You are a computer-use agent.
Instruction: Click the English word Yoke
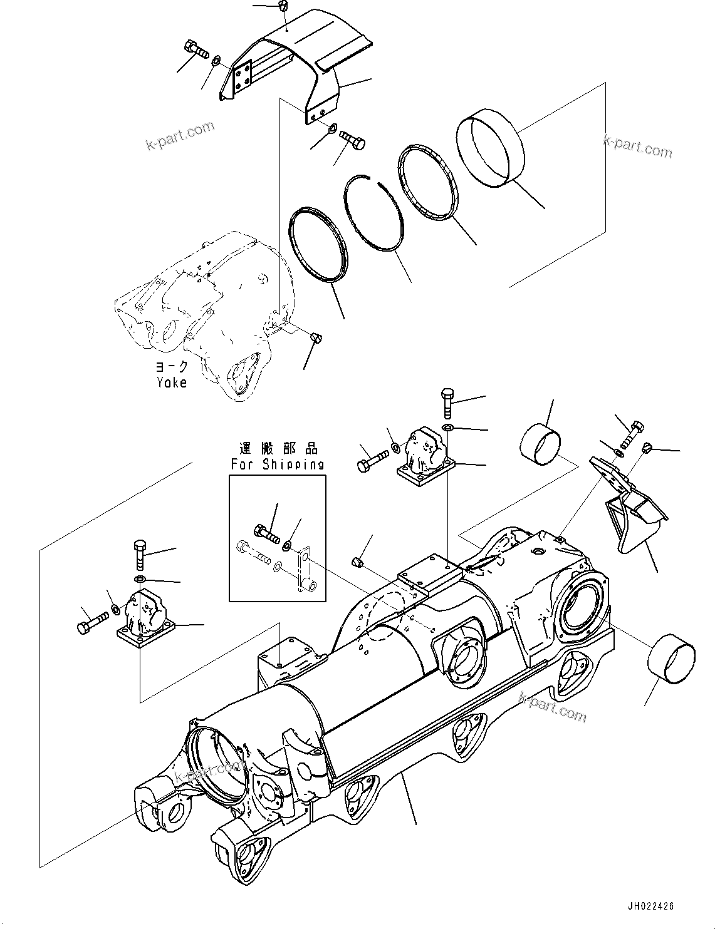pos(171,382)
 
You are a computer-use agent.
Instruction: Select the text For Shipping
pos(277,464)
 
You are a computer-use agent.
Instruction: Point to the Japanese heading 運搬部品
pos(278,449)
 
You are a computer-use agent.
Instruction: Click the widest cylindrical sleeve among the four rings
pos(488,146)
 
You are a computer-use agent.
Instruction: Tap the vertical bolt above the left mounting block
pos(140,554)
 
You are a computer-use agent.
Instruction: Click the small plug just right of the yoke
pos(316,338)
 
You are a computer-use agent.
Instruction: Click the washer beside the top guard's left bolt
pos(216,61)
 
